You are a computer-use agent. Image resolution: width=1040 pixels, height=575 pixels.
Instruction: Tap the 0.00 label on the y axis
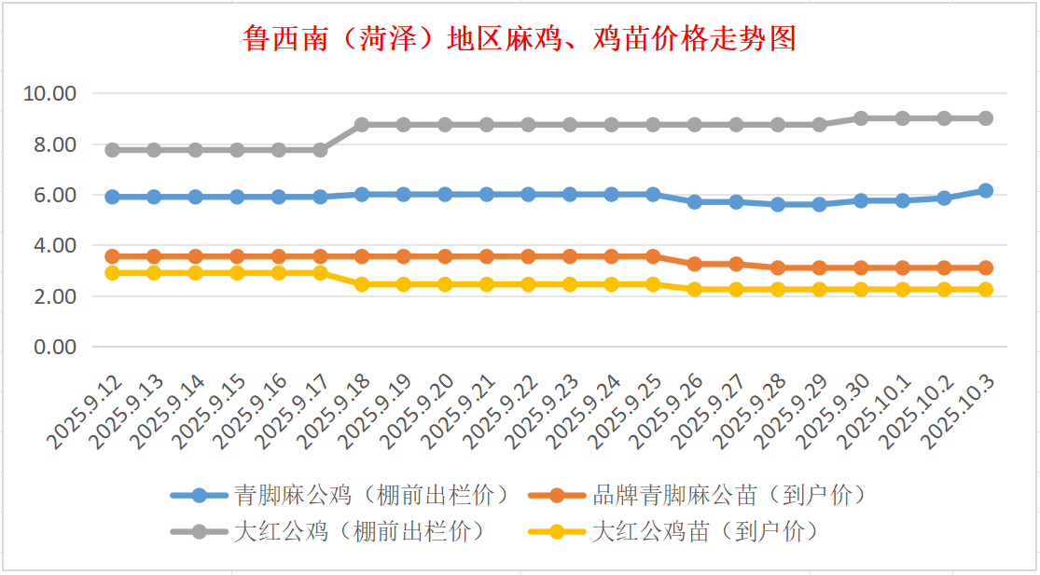click(55, 347)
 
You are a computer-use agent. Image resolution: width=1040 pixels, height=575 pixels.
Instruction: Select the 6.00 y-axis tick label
click(55, 196)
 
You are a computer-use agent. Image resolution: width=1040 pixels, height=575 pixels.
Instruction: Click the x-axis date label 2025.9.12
click(89, 411)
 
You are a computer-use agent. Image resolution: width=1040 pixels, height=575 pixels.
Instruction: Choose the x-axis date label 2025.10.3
click(961, 411)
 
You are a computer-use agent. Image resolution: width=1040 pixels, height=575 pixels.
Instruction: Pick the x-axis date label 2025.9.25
click(630, 411)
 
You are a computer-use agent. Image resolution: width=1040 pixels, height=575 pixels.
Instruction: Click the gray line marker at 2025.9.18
click(362, 125)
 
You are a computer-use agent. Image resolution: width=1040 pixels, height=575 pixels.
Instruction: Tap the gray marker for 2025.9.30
click(861, 118)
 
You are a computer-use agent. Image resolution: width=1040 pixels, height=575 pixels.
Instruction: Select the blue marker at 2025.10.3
click(986, 191)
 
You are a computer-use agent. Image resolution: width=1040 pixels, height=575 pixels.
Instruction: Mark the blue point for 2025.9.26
click(695, 201)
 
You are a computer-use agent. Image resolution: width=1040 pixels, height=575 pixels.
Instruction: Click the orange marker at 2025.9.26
click(695, 264)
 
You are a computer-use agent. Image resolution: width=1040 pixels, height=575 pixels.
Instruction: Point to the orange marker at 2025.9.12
click(112, 256)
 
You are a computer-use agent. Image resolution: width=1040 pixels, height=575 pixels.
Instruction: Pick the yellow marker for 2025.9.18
click(362, 284)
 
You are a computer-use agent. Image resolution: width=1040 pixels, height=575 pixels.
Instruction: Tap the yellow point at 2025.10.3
click(986, 289)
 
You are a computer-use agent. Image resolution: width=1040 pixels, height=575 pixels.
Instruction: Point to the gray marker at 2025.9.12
click(112, 150)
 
